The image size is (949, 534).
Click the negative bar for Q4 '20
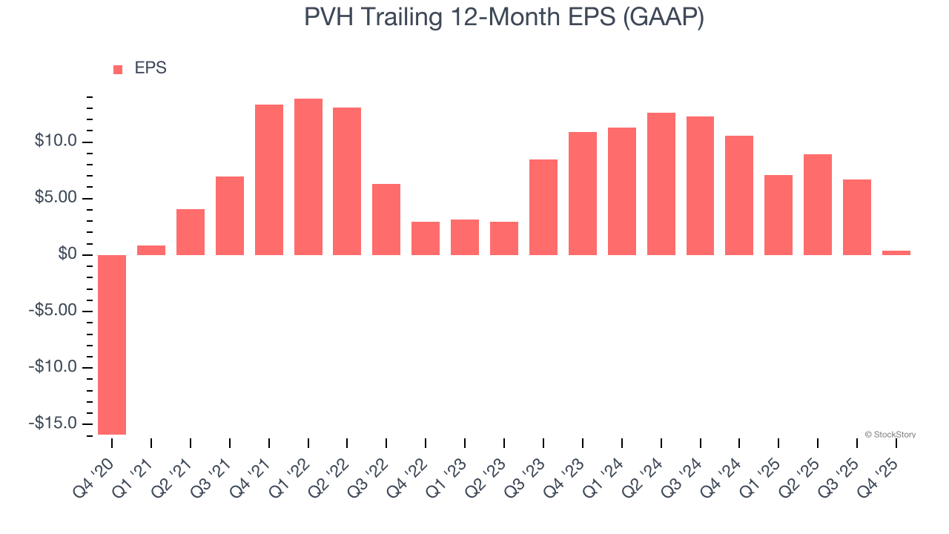tap(112, 344)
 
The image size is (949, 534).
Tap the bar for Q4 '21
tap(269, 179)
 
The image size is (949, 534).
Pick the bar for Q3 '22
tap(386, 220)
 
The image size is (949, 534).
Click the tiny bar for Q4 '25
tap(896, 253)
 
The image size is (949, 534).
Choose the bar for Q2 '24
tap(661, 184)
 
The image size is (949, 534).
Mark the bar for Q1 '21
tap(151, 250)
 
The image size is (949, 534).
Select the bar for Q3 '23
tap(543, 207)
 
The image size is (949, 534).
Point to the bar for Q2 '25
tap(818, 205)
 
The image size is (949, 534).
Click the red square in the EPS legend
tap(118, 70)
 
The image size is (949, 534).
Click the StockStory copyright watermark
tap(890, 435)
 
